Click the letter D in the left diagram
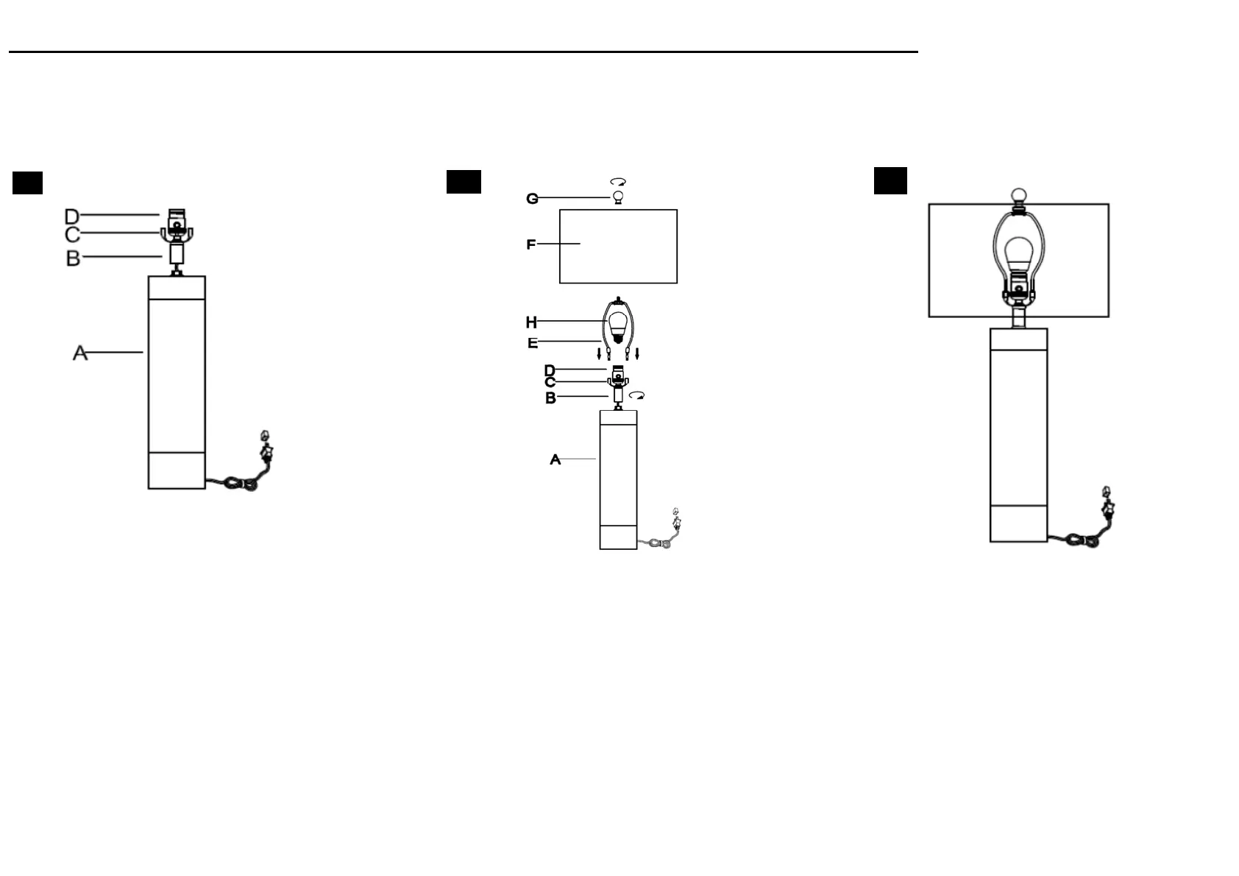[72, 216]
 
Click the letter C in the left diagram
[72, 235]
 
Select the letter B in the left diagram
[73, 258]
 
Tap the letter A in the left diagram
[80, 353]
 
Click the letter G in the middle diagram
[532, 199]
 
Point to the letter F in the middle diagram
[531, 244]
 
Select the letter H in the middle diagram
[531, 322]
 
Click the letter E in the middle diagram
[532, 343]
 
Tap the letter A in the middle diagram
[555, 460]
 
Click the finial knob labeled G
[619, 197]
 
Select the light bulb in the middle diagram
[619, 325]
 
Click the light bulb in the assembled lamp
[1019, 253]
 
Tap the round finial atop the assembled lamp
[1019, 196]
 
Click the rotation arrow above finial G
[618, 181]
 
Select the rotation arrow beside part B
[637, 396]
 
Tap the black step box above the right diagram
[890, 181]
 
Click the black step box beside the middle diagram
[464, 182]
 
